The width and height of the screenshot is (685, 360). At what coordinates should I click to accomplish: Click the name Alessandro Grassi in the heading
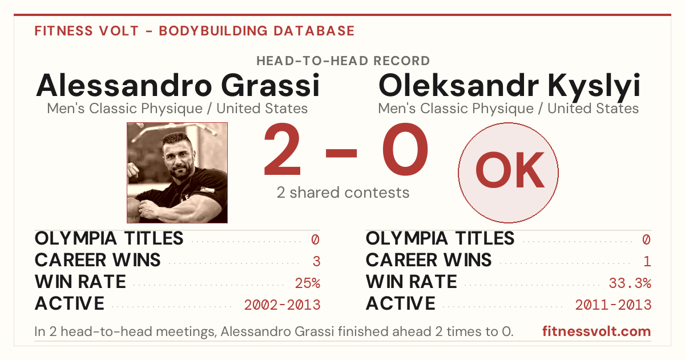[178, 85]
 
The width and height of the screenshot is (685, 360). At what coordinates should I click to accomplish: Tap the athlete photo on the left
[177, 173]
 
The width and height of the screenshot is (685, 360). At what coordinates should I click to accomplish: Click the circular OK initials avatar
[508, 173]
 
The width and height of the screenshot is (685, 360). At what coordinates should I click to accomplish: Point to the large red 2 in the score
[282, 149]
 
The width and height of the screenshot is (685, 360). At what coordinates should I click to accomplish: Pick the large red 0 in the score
[405, 149]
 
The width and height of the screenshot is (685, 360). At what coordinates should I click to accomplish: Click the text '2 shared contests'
[343, 193]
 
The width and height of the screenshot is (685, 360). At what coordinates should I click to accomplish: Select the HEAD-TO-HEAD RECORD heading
[343, 61]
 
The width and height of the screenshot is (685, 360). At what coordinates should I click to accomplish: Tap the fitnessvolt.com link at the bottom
[597, 331]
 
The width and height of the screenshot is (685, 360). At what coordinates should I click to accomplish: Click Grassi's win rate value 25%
[307, 283]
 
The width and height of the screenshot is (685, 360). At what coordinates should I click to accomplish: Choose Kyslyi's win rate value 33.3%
[630, 283]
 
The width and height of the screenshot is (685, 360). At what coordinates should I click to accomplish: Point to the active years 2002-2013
[282, 305]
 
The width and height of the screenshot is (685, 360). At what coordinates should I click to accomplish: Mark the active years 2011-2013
[613, 305]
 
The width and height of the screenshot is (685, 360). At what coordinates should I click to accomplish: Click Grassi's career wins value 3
[316, 262]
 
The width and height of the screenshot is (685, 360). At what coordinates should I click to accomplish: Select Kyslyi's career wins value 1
[647, 262]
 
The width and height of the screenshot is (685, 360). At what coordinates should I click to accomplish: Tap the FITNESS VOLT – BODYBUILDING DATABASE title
[195, 31]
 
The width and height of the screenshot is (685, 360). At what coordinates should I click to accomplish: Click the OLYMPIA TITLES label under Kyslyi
[440, 238]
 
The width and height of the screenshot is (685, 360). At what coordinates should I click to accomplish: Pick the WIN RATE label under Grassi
[80, 282]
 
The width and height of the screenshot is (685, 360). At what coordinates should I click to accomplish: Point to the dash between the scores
[341, 153]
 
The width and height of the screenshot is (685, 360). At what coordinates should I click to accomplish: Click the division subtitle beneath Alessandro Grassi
[178, 109]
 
